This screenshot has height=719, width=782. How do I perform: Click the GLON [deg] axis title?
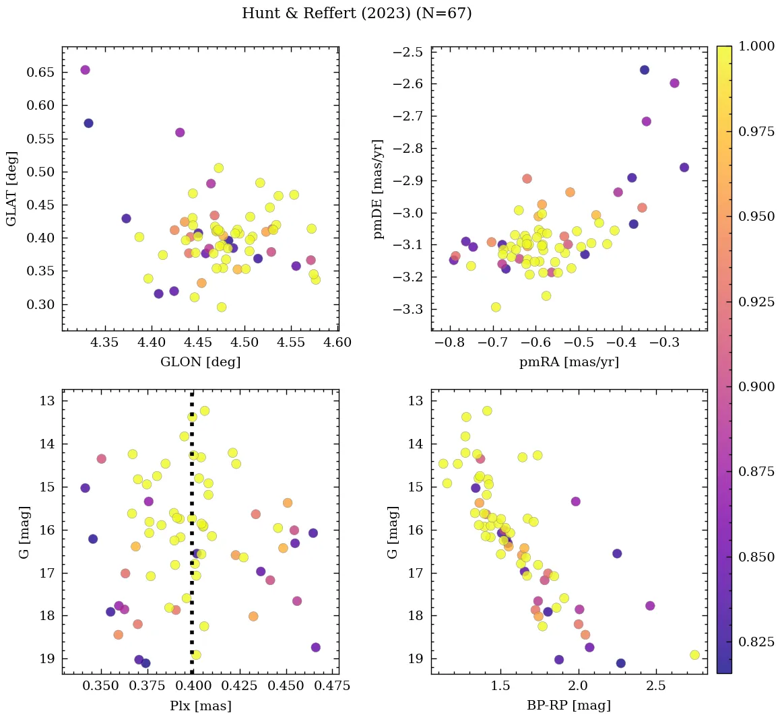click(x=200, y=362)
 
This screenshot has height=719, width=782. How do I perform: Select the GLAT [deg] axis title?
click(x=11, y=189)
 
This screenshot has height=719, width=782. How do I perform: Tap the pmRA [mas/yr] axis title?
click(x=568, y=362)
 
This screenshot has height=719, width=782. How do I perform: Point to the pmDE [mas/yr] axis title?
click(x=379, y=189)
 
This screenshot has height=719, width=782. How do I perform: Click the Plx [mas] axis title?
click(x=200, y=706)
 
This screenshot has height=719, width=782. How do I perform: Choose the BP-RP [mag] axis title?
click(x=568, y=706)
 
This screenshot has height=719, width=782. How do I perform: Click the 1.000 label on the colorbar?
click(x=756, y=46)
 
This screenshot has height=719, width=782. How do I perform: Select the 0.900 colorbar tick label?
click(x=756, y=386)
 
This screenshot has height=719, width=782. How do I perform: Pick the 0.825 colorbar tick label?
click(x=756, y=642)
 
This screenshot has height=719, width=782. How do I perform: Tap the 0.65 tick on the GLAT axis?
click(x=40, y=73)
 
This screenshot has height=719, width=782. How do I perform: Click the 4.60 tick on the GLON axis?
click(x=337, y=343)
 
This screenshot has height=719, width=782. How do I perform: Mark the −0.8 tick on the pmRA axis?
click(x=450, y=343)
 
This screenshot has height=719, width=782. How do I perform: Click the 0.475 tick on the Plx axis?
click(x=323, y=687)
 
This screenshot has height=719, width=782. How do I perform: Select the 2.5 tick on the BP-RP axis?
click(x=655, y=687)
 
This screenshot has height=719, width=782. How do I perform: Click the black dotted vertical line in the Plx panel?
click(x=192, y=539)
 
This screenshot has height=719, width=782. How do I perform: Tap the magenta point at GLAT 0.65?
click(x=85, y=70)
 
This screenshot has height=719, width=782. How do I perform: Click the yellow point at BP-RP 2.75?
click(x=694, y=655)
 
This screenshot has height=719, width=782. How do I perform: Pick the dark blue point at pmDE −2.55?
click(x=645, y=70)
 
